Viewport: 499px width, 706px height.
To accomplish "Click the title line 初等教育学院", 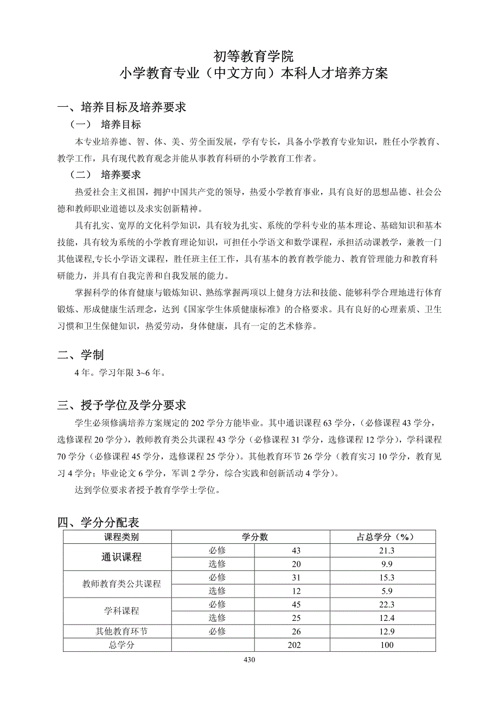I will (x=253, y=55).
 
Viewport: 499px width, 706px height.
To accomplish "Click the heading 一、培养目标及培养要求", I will (x=122, y=107).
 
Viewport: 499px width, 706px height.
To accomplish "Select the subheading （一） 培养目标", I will (x=106, y=125).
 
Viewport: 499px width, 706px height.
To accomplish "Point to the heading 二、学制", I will (x=81, y=355).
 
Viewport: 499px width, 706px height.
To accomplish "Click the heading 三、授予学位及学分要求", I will (x=122, y=405).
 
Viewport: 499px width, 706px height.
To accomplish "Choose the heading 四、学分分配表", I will (x=99, y=523).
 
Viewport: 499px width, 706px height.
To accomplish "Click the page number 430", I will (x=250, y=660).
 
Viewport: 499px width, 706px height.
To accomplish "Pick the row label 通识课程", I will (x=121, y=557).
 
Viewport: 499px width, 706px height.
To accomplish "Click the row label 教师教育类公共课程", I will (x=121, y=584).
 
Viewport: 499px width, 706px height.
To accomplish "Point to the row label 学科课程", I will (x=121, y=611).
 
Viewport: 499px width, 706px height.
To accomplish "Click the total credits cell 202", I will (x=295, y=645).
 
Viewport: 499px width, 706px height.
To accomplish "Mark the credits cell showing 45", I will (x=296, y=604).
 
